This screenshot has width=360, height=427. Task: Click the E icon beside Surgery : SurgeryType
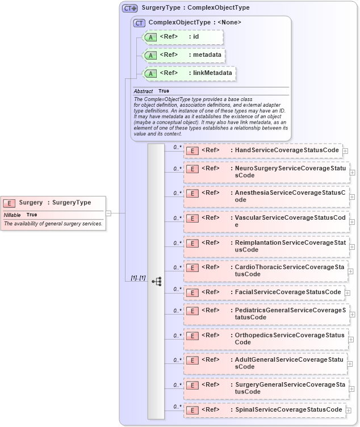click(9, 203)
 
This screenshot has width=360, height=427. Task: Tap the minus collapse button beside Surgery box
click(108, 213)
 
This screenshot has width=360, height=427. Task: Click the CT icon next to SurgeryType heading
click(130, 8)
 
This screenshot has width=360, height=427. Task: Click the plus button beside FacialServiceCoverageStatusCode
click(348, 293)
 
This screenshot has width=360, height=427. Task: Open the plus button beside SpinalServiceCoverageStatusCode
click(348, 410)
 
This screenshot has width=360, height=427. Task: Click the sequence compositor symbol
click(157, 281)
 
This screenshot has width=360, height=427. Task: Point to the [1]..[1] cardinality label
click(138, 278)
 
